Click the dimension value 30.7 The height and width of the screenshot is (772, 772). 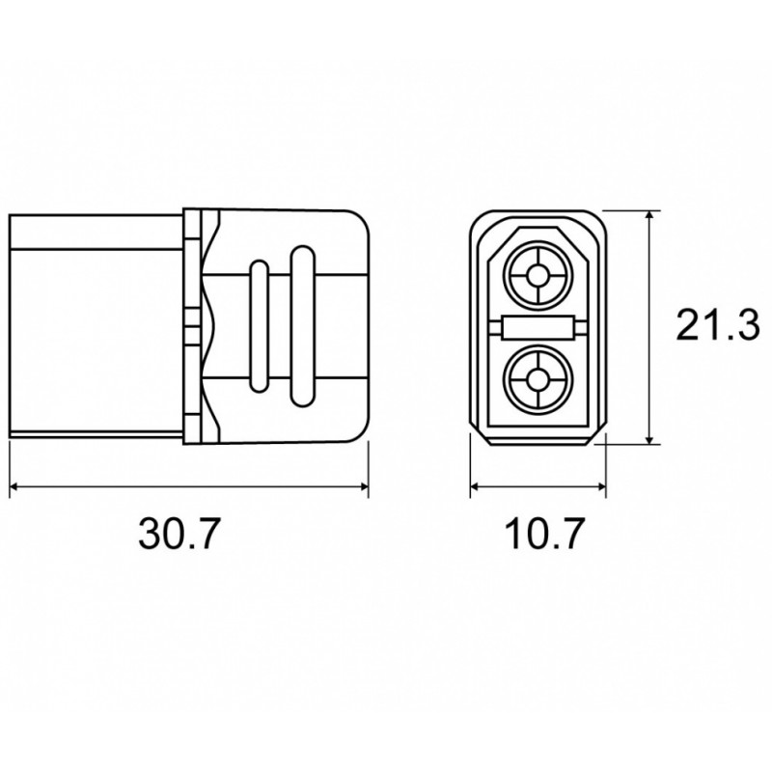tap(178, 534)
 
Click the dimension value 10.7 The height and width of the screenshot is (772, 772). tap(545, 534)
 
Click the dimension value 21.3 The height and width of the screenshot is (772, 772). tap(718, 325)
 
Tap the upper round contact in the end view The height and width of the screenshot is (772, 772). tap(538, 275)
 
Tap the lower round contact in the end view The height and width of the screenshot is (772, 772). tap(538, 379)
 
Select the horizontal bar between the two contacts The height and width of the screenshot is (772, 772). tap(538, 327)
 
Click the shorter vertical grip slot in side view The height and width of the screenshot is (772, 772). tap(260, 326)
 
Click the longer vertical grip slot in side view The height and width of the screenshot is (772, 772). tap(303, 326)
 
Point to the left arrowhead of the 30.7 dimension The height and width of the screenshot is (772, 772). tap(14, 486)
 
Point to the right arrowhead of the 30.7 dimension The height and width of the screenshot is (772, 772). tap(364, 486)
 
